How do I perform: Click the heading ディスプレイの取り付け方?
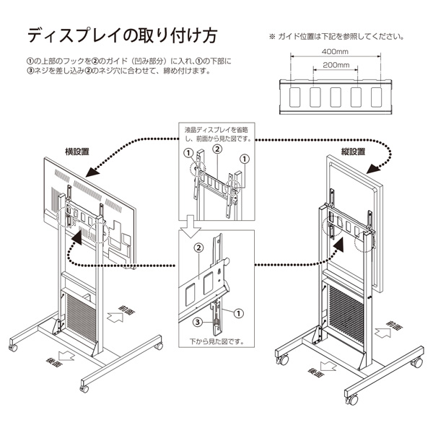click(x=122, y=36)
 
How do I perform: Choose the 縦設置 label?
click(x=352, y=152)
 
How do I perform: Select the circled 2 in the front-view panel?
click(x=214, y=150)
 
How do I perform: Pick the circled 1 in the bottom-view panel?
click(x=239, y=312)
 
